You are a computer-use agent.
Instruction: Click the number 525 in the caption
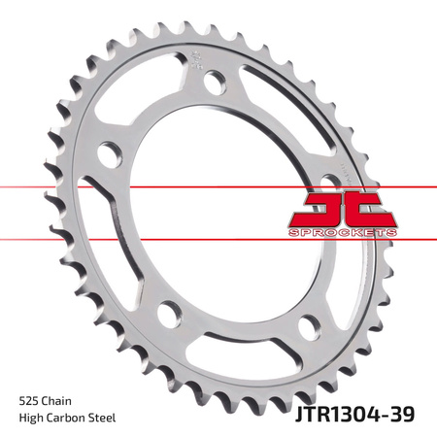[x=30, y=399]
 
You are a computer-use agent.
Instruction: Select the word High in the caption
[x=33, y=418]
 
